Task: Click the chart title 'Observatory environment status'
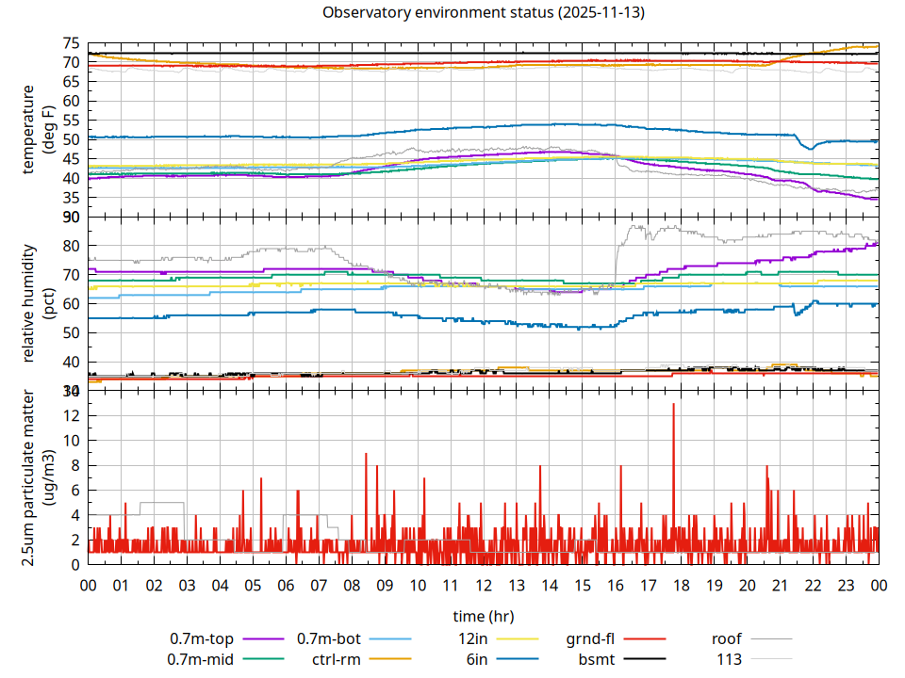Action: point(439,13)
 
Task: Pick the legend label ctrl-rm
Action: point(337,659)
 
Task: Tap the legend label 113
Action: point(729,659)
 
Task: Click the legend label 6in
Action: point(477,659)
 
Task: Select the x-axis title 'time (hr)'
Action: point(483,617)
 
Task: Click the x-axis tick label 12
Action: point(483,585)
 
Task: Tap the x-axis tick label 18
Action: point(681,585)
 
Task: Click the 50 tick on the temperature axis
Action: point(71,139)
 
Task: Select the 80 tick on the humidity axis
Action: point(71,246)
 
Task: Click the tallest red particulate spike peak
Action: point(673,404)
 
